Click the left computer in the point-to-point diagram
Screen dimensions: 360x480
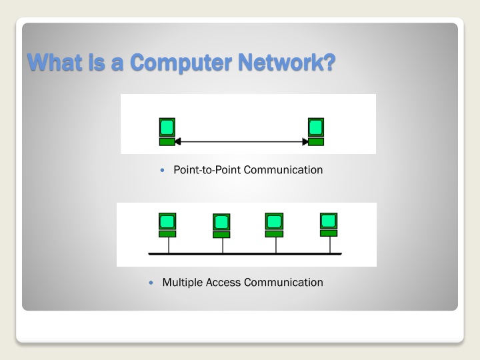click(167, 131)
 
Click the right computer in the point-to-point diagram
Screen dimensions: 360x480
click(316, 131)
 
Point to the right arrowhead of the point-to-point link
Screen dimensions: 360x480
click(305, 141)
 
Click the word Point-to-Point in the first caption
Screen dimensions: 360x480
click(207, 170)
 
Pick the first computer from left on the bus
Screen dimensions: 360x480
click(167, 225)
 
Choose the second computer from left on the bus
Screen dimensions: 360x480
click(221, 225)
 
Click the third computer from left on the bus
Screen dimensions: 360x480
click(274, 225)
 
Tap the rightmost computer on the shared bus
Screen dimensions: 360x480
click(329, 224)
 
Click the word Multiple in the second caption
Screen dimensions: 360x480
click(183, 283)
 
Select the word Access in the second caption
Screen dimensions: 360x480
click(223, 283)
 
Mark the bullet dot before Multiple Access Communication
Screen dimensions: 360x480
click(153, 283)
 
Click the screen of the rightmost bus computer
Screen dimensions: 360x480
click(329, 220)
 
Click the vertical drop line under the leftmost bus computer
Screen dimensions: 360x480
click(168, 245)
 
